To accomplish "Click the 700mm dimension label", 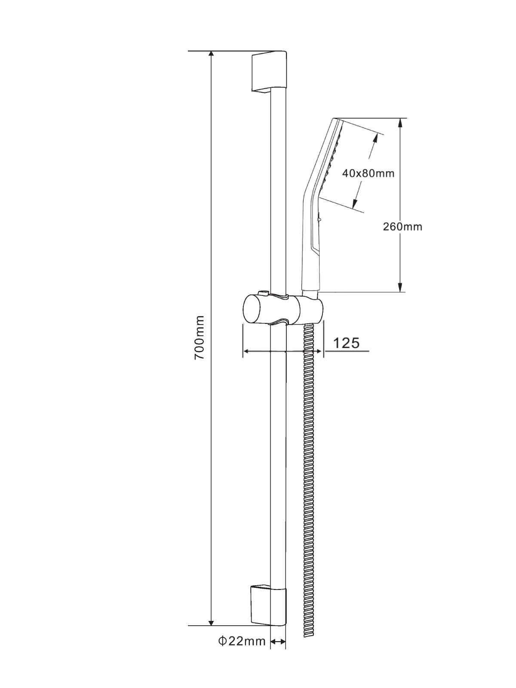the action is [199, 338].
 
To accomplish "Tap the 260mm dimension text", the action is [402, 227].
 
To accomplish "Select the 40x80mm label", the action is [368, 173].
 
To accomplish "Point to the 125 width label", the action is [346, 343].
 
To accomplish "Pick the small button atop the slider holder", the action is [264, 293].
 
